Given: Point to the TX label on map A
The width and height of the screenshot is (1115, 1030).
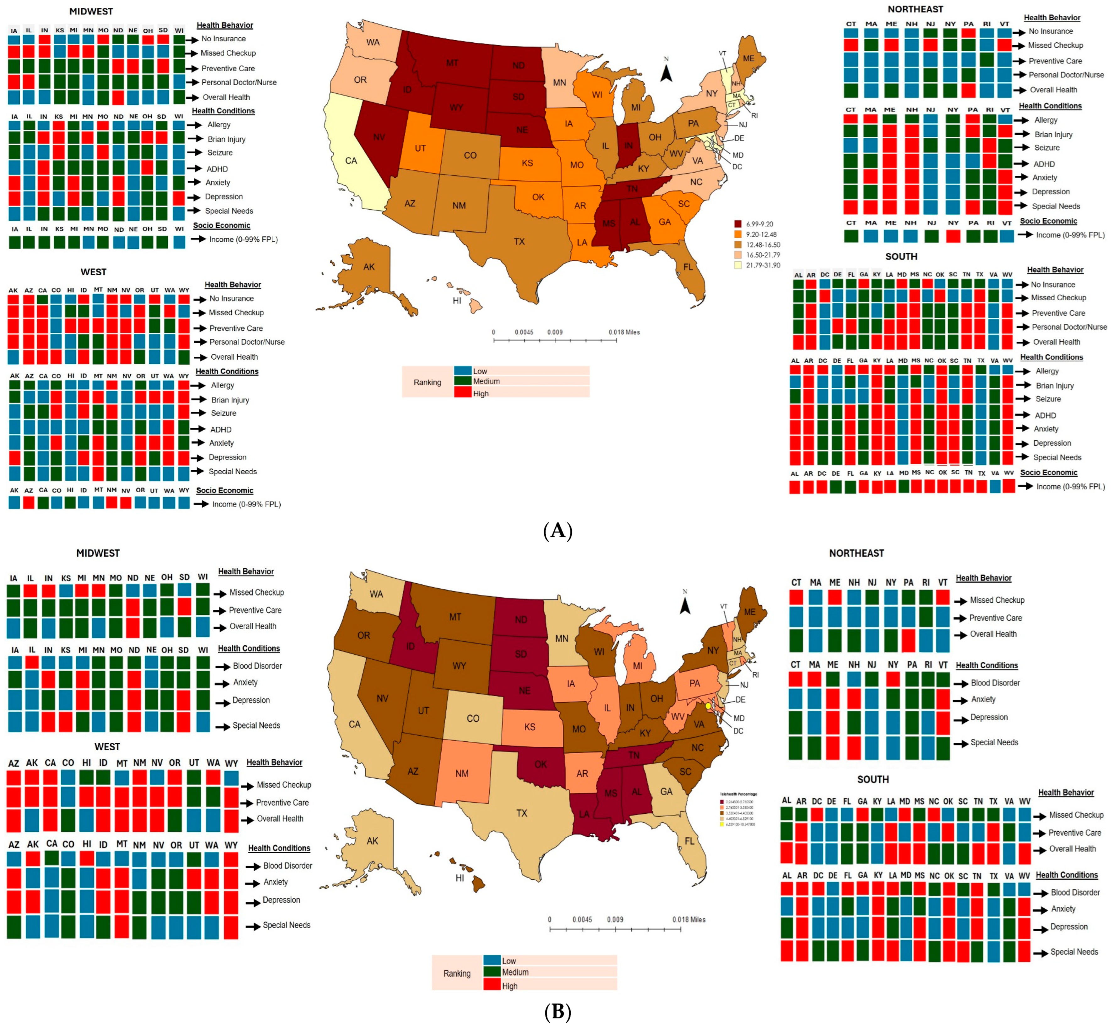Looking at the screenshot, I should (519, 241).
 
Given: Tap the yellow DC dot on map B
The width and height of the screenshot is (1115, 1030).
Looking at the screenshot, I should (708, 706).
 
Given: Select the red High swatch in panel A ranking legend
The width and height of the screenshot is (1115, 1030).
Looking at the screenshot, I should (463, 393).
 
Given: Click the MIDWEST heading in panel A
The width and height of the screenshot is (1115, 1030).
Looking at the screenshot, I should (91, 11).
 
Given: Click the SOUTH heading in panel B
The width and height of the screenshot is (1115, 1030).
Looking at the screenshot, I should (873, 779).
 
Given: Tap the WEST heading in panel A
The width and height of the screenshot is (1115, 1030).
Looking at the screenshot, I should (93, 272).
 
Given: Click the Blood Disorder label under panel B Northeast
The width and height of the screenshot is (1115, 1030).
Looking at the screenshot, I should (995, 683).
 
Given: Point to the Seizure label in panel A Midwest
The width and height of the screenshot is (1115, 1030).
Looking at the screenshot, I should (220, 153).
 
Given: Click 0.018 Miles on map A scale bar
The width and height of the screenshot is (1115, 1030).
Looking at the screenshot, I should (624, 332).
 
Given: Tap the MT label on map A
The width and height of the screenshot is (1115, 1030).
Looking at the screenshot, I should (452, 63).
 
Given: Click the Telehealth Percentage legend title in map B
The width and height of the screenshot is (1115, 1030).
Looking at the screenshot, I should (738, 794).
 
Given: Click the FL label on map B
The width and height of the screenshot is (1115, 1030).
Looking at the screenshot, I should (689, 841).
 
